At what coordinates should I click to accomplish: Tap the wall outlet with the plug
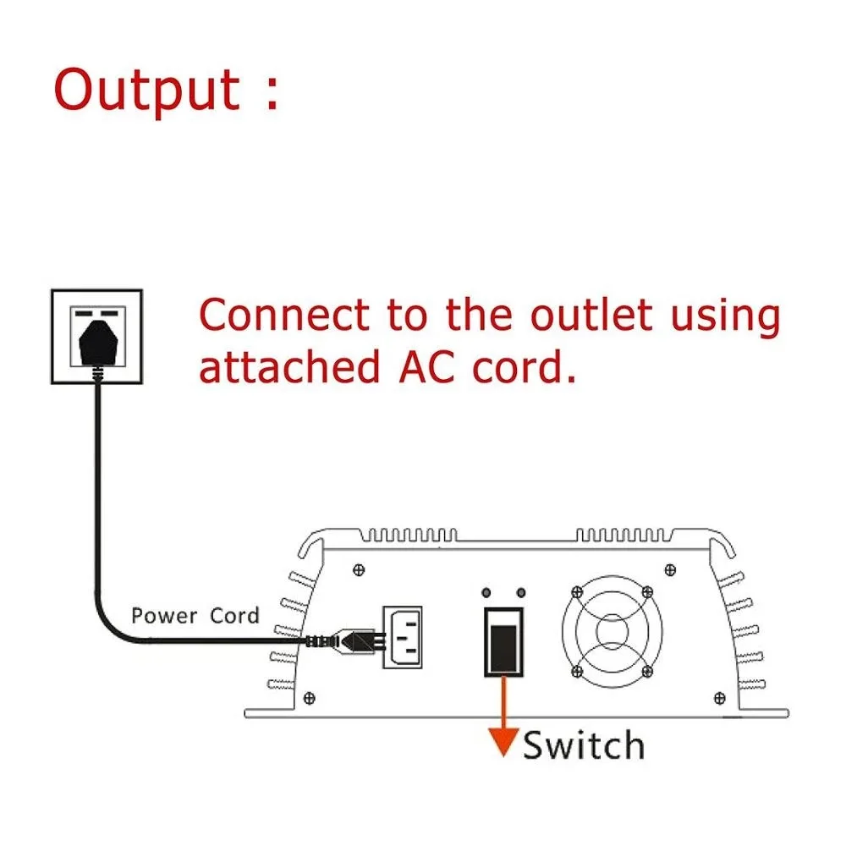pos(96,335)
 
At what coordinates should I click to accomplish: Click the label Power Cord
pos(195,615)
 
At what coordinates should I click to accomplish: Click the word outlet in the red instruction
pos(591,316)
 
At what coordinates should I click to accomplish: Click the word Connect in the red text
pos(285,316)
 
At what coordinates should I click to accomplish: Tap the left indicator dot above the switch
pos(488,592)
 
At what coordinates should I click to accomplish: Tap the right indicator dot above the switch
pos(520,592)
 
